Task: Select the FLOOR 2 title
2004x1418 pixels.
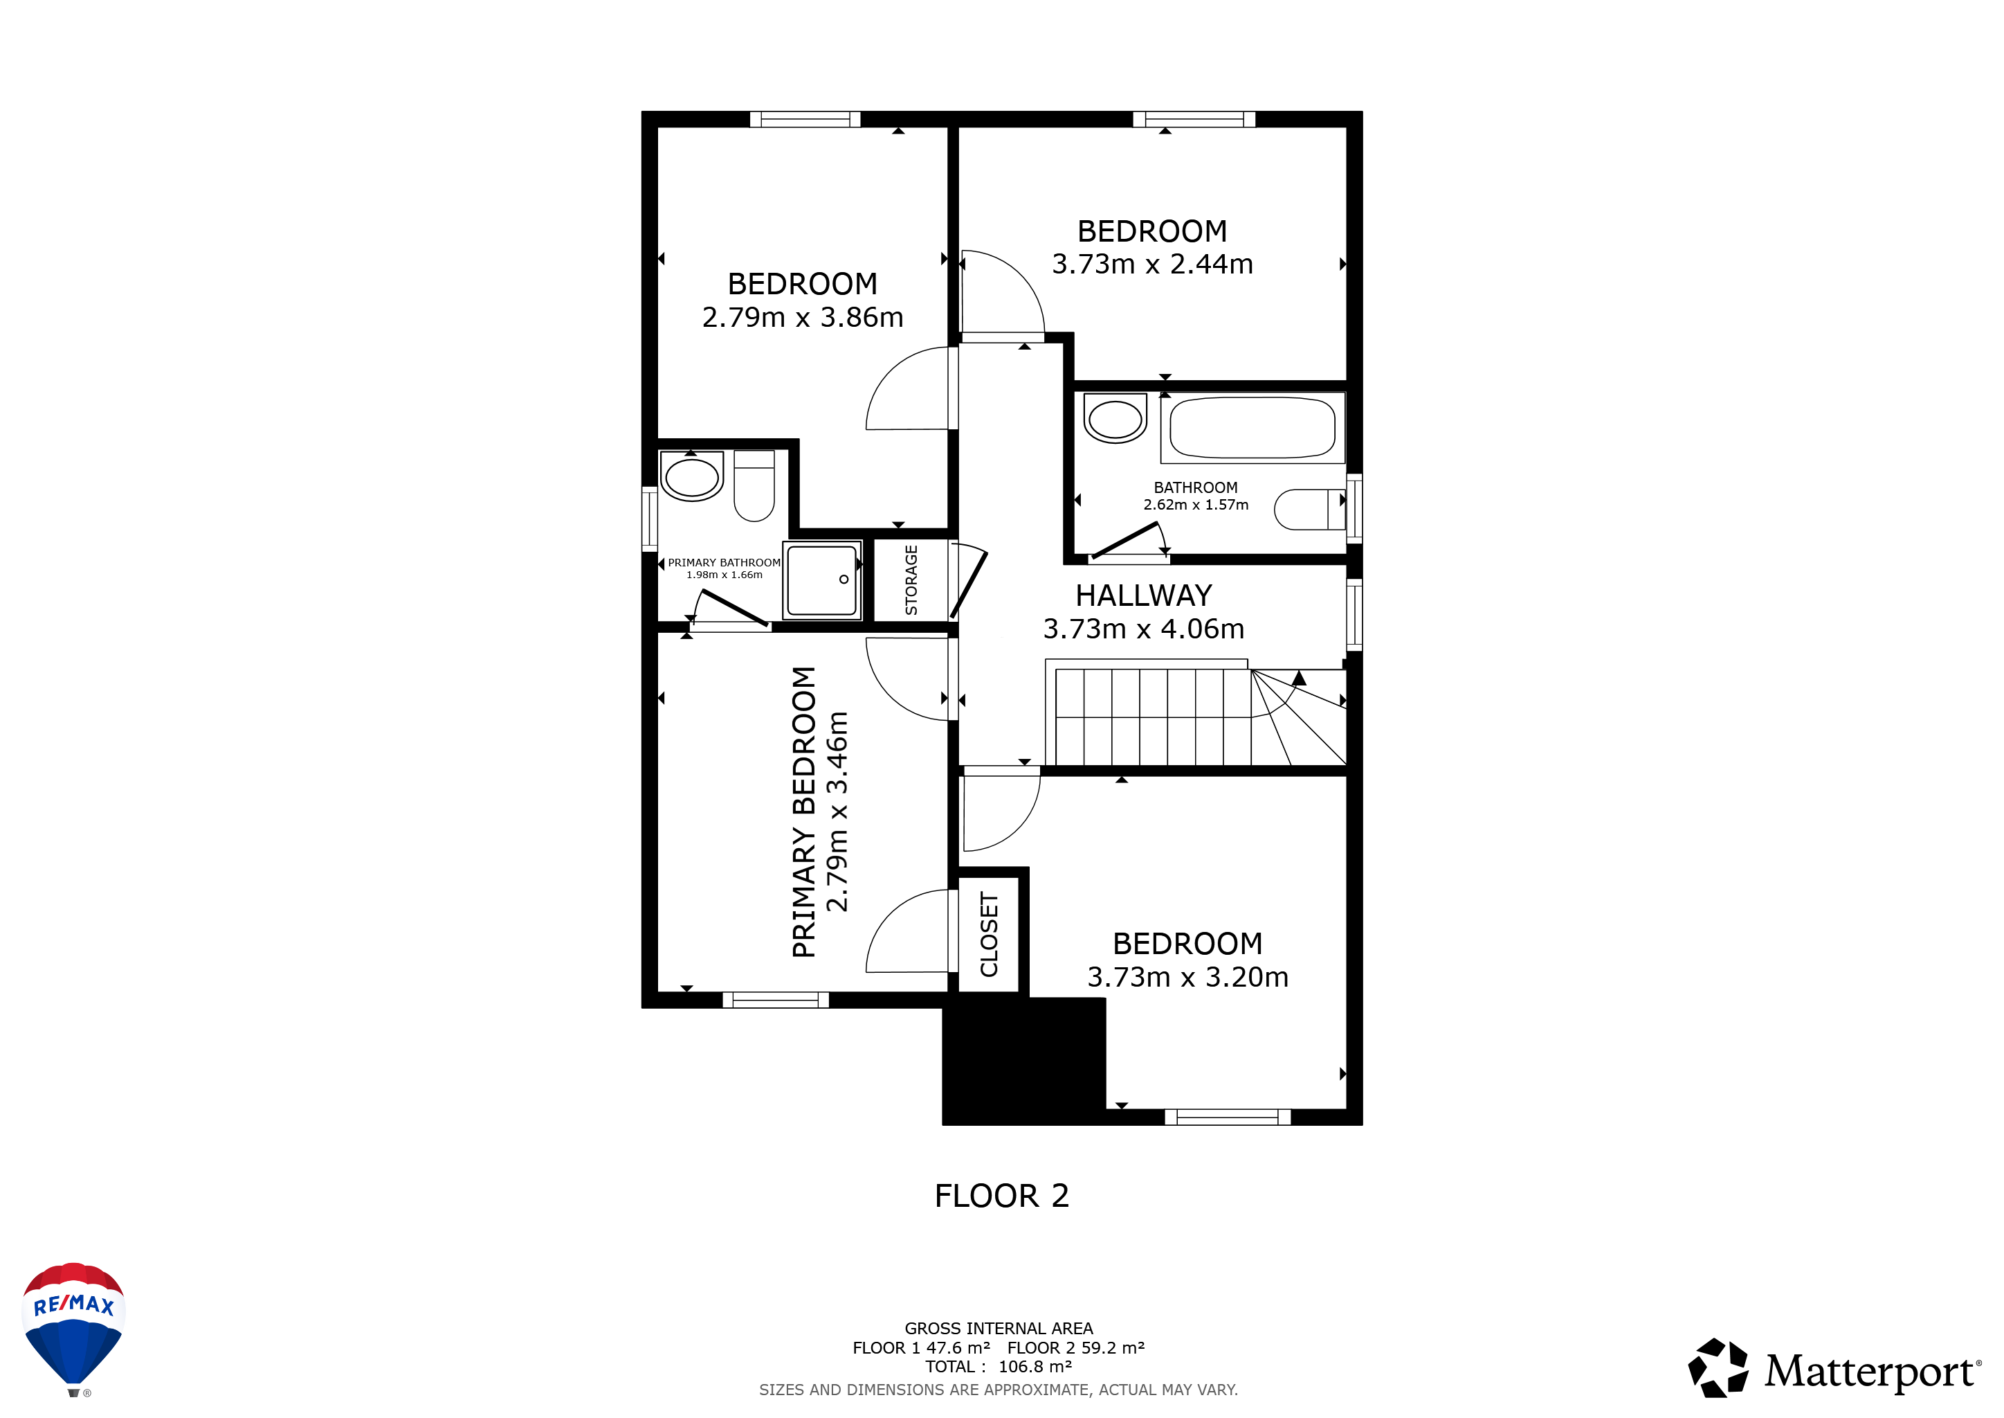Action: (1002, 1195)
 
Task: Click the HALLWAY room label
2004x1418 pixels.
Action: (1143, 595)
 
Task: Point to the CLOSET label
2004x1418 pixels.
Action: (989, 934)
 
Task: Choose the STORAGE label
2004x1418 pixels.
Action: (911, 580)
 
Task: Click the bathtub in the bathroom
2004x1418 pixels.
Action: (1252, 428)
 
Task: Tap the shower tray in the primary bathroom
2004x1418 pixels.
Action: (822, 580)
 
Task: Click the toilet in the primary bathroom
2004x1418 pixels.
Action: (754, 485)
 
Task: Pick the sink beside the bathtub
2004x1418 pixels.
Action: (1115, 418)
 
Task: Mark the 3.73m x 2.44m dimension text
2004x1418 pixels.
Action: (1152, 264)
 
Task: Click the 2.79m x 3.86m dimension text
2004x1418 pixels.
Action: (802, 317)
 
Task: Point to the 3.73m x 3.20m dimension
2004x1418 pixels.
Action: (1187, 977)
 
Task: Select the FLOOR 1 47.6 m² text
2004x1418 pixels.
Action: (921, 1348)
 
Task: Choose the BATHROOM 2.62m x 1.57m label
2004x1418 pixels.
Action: (1196, 496)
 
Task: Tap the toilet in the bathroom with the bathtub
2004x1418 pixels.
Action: (1310, 509)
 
